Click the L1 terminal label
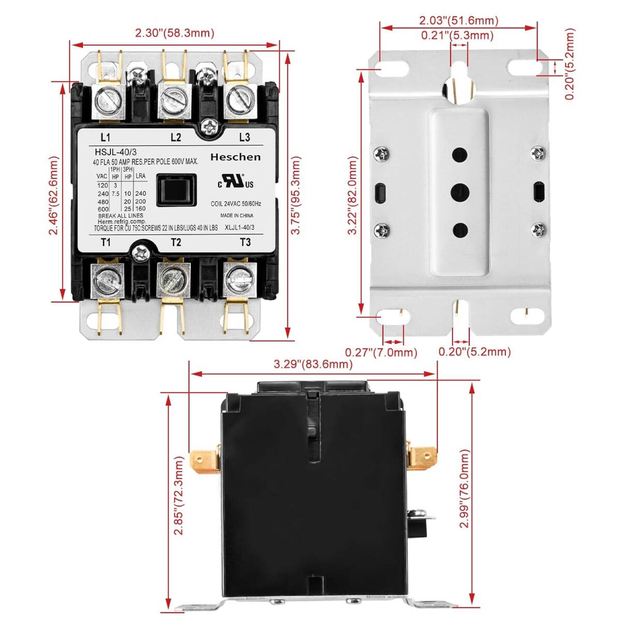105,137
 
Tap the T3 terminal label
245,242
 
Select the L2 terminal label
176,137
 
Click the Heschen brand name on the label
235,157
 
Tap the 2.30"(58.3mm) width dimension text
175,33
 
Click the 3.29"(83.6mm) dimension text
313,364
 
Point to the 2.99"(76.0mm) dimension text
464,489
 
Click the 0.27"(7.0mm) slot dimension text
381,352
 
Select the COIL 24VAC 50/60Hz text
236,204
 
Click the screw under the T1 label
107,280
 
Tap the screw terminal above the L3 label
240,100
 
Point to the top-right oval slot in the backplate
522,67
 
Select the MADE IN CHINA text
237,216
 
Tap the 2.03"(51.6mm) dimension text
459,21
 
